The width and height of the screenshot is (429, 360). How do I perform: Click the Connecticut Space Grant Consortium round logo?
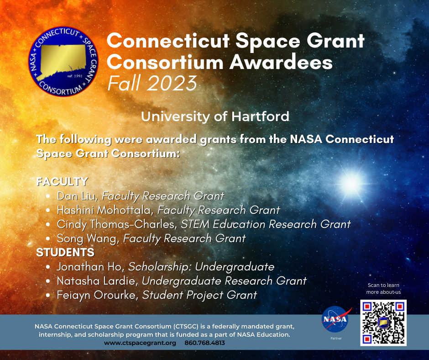tap(63, 61)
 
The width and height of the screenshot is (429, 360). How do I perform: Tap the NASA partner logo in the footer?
tap(335, 318)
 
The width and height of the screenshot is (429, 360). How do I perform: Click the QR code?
tap(383, 323)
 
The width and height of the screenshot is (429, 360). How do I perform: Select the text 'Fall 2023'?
tap(152, 84)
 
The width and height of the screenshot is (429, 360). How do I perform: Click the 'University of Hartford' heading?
tap(215, 116)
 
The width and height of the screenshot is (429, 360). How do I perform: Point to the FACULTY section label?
tap(62, 181)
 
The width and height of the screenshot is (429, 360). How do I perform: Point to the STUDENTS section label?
tap(65, 252)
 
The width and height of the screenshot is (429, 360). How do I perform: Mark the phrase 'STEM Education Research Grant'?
tap(266, 224)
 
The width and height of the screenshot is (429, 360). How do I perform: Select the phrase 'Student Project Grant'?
tap(199, 295)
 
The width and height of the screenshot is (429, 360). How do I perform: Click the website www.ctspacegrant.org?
tap(140, 343)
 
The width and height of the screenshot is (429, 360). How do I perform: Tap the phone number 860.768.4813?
tap(204, 343)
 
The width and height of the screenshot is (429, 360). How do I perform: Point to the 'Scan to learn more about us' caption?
tap(383, 288)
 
